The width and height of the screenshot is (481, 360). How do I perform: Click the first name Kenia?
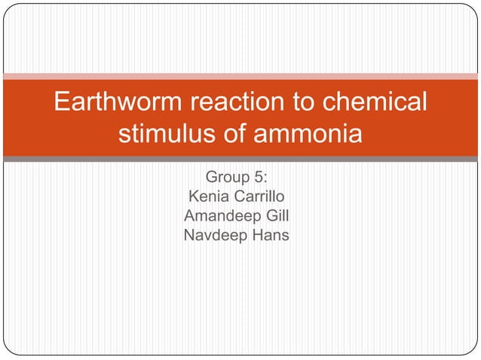[208, 197]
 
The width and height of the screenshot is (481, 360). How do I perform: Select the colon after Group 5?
[266, 178]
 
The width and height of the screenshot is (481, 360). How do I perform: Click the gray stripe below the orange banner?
[240, 159]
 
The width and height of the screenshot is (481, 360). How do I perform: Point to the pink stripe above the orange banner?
[240, 76]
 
